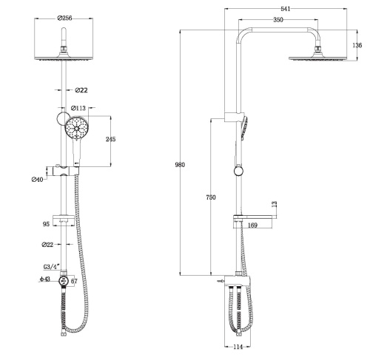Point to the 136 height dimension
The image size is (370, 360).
tap(357, 45)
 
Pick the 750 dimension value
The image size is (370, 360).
tap(211, 197)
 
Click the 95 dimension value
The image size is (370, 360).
tap(45, 220)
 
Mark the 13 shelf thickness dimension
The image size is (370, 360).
tap(274, 203)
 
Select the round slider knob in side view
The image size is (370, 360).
tap(238, 171)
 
